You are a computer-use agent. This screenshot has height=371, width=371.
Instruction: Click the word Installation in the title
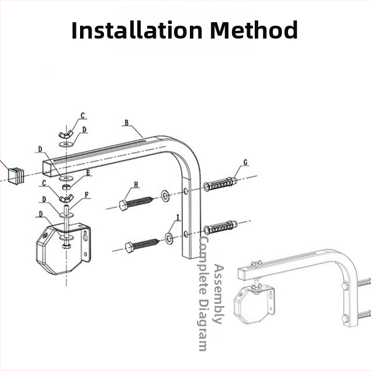[137, 30]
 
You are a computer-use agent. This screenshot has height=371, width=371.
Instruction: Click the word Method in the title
[254, 30]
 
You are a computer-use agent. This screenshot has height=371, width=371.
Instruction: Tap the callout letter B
[127, 123]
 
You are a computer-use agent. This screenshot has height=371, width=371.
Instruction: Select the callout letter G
[245, 162]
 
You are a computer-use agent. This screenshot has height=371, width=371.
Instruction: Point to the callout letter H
[136, 185]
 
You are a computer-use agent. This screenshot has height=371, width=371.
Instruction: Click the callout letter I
[178, 217]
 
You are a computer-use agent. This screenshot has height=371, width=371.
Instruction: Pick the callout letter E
[88, 173]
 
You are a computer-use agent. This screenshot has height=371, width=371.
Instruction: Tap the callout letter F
[86, 195]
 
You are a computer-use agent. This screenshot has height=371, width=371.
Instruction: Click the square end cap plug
[16, 175]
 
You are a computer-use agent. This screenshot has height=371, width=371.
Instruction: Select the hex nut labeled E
[66, 187]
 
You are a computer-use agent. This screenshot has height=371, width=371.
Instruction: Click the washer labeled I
[169, 238]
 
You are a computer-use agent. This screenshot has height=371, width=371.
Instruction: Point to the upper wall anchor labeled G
[220, 184]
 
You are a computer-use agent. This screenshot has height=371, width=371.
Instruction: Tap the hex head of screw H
[123, 205]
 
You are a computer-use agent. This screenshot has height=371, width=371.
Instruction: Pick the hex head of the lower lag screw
[129, 248]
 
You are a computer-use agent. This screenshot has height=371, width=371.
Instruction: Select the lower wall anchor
[220, 228]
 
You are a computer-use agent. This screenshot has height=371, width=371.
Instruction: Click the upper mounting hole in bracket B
[186, 191]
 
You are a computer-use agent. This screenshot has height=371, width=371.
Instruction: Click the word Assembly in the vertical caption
[219, 294]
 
